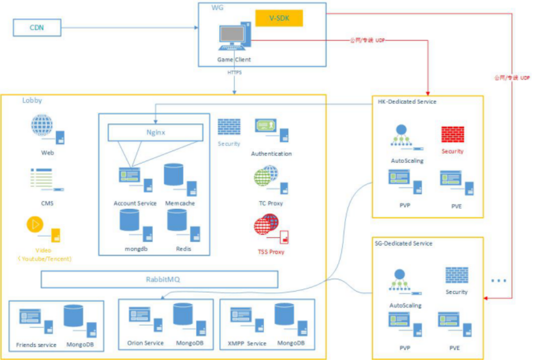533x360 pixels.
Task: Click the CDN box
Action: pos(37,27)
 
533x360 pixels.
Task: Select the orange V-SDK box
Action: pos(279,18)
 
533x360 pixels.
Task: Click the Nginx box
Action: pos(155,132)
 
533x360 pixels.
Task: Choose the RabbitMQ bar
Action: pos(159,279)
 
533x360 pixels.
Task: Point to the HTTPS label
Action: pos(234,72)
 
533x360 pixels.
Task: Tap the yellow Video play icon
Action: pos(35,224)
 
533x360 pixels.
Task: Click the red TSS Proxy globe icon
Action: pos(266,227)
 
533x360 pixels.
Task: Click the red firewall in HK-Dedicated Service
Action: pos(452,134)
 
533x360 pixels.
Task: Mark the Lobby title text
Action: pos(32,101)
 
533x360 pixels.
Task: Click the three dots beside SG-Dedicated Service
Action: pos(499,281)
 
